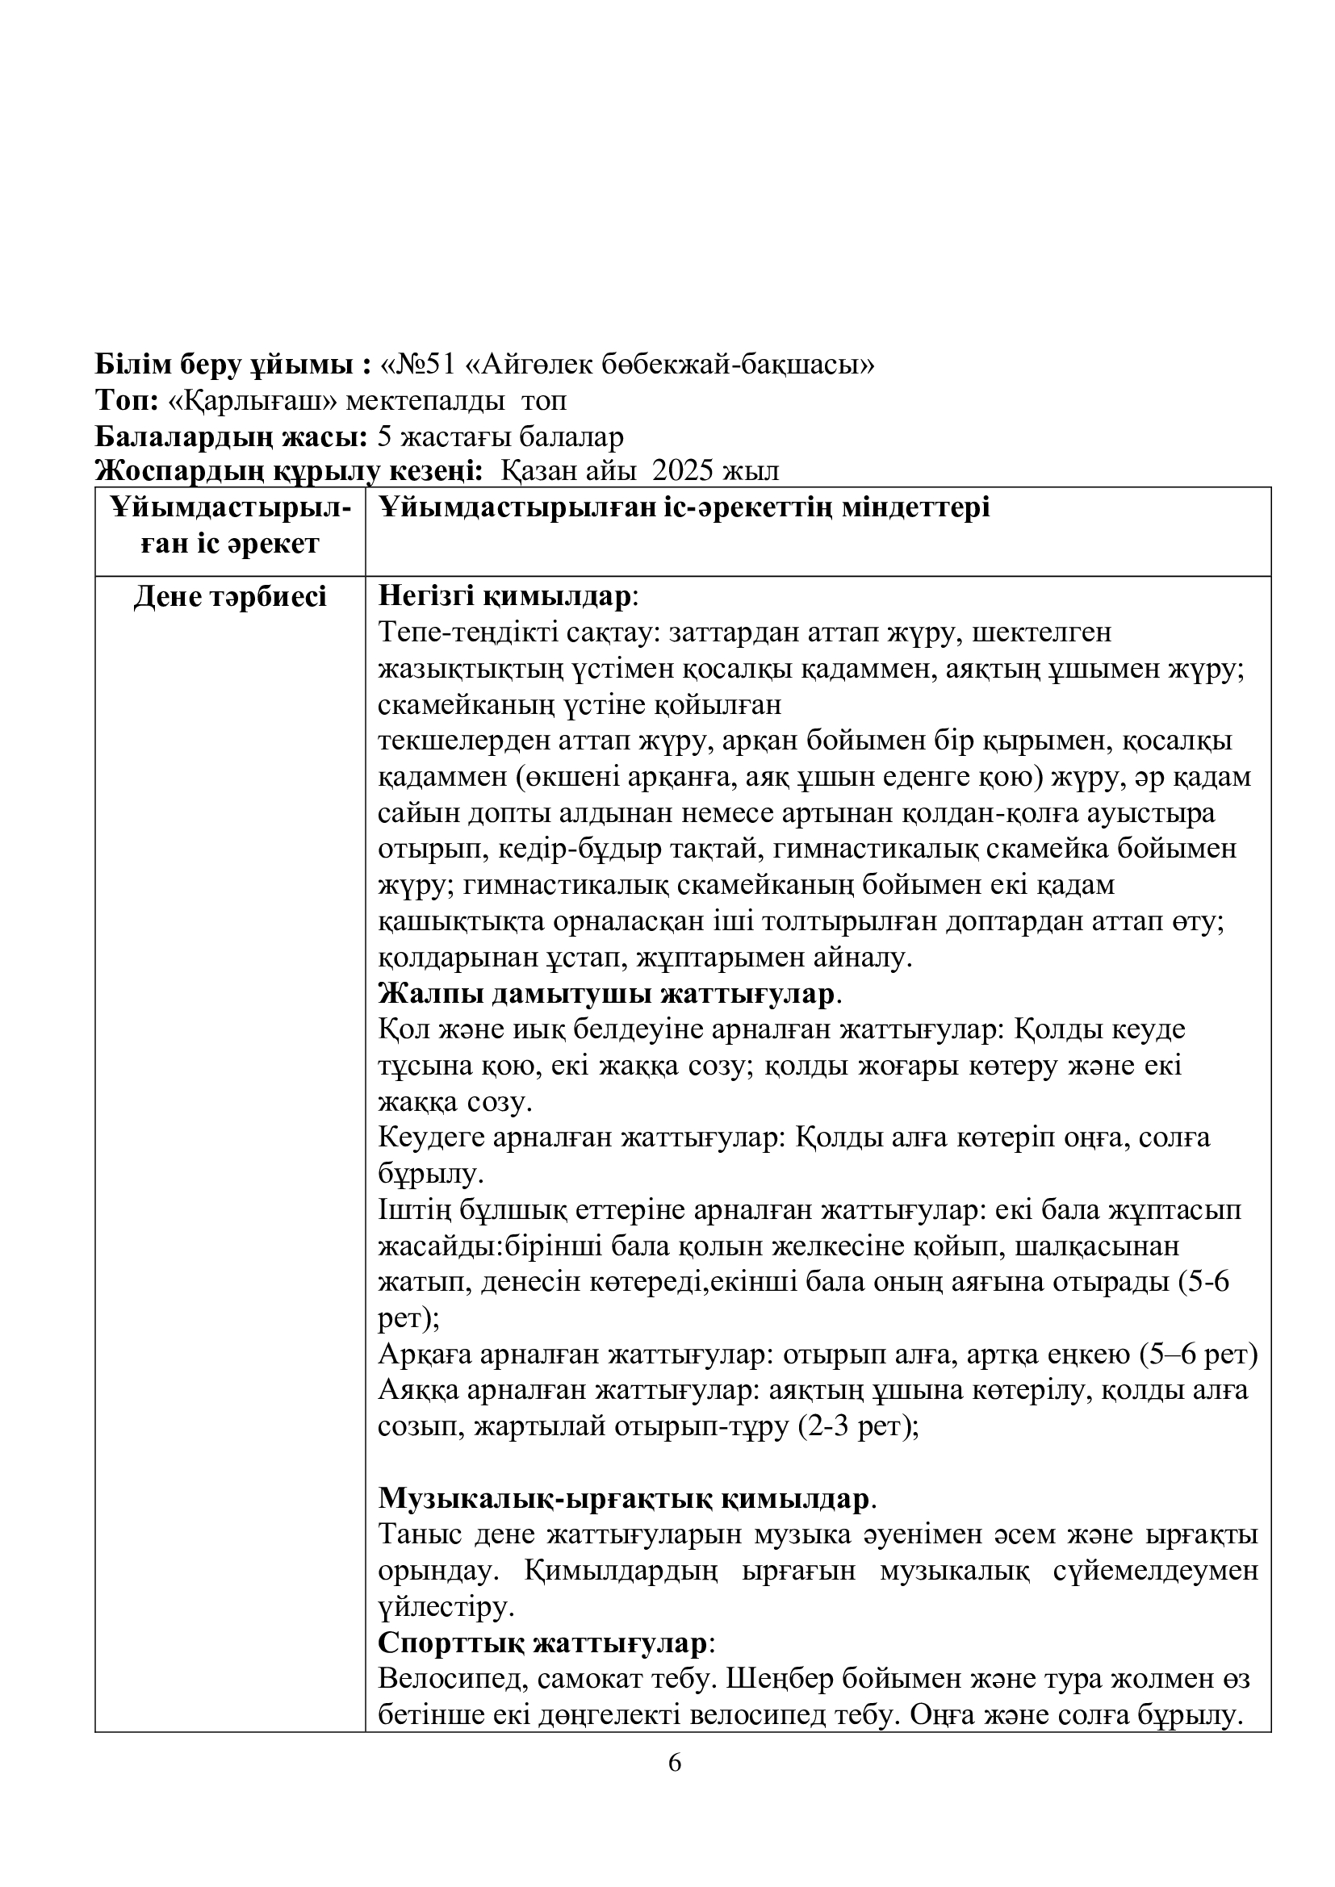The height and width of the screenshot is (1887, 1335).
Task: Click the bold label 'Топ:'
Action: pos(127,401)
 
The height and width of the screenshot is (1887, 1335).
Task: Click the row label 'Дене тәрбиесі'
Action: pos(230,598)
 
